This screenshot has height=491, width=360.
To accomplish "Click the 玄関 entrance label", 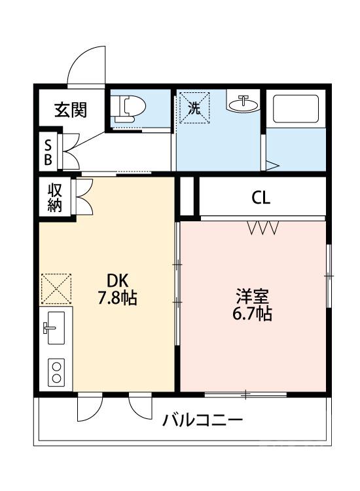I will (70, 109).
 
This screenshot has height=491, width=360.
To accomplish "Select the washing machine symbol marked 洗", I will (194, 108).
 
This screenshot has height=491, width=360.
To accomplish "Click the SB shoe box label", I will (49, 150).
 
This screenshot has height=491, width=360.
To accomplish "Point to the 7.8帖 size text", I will (117, 298).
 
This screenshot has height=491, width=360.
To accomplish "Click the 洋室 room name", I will (251, 295).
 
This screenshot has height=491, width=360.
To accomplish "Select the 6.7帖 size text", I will (251, 314).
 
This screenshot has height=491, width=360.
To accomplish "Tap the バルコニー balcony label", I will (202, 420).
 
